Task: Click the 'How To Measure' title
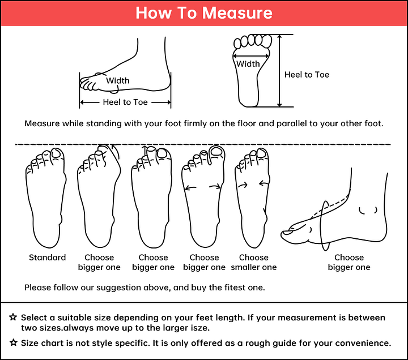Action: point(204,13)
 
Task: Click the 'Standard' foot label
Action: point(48,258)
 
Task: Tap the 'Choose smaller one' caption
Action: point(254,262)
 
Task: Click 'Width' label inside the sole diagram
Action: point(248,64)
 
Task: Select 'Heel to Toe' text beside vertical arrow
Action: point(307,75)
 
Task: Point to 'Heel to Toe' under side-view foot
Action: point(125,102)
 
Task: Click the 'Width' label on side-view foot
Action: point(118,80)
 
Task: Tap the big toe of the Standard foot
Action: point(57,156)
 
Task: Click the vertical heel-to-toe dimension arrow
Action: point(279,71)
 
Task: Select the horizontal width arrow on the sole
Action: point(251,56)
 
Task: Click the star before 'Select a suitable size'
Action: point(13,317)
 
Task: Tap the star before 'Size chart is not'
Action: point(14,342)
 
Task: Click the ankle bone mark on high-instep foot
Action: point(368,211)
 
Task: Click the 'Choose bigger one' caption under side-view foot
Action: point(349,262)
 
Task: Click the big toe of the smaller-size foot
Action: point(262,155)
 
